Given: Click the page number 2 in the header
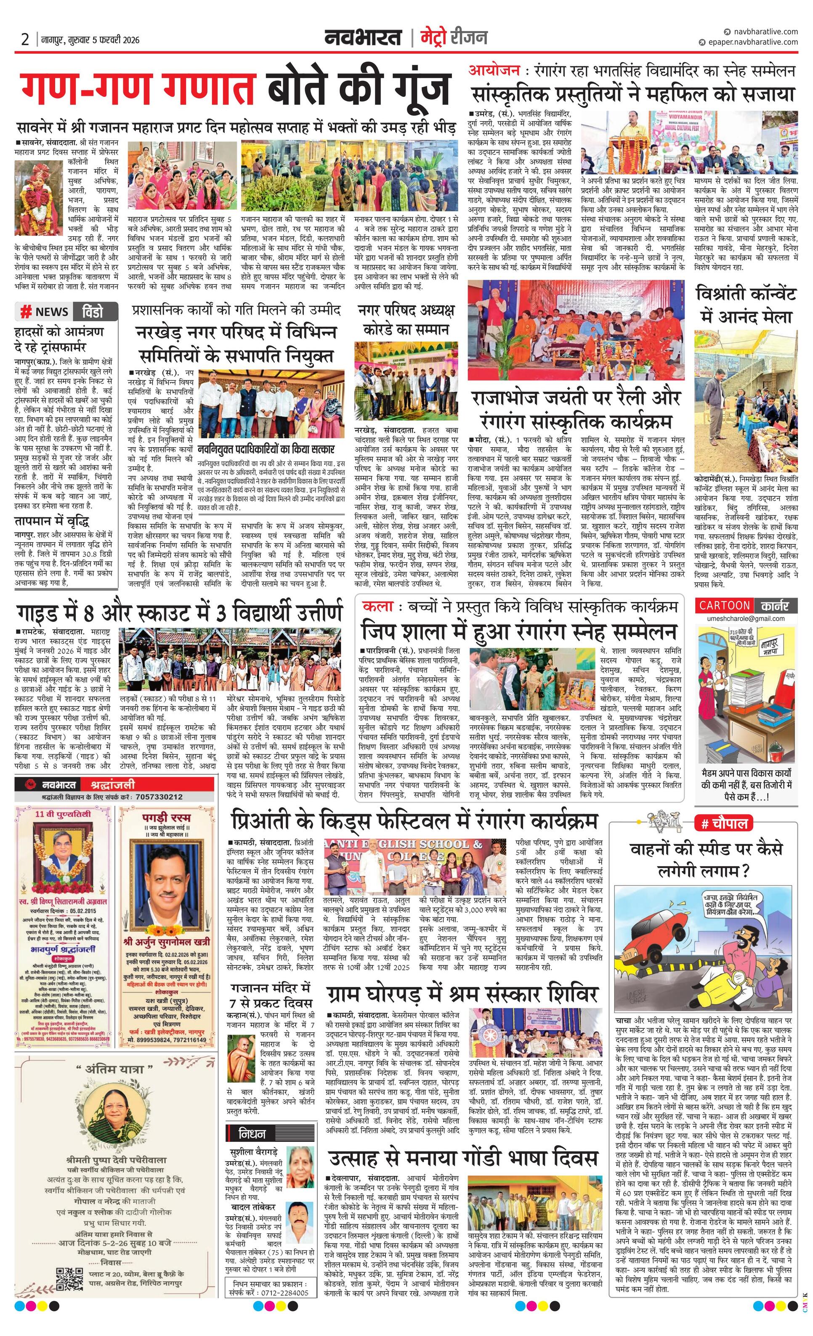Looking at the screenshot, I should (x=25, y=39).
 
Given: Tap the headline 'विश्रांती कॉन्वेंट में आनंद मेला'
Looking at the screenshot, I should (x=747, y=305).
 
